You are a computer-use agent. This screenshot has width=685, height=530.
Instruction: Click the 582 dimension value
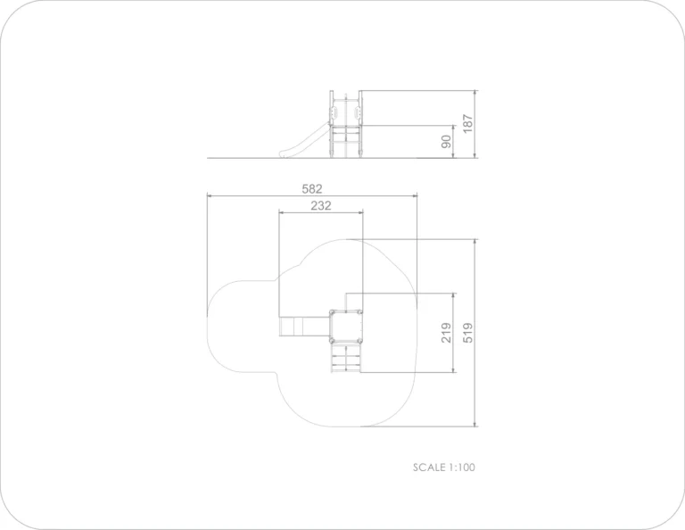coord(312,189)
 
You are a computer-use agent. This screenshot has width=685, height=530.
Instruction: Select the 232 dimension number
coord(321,205)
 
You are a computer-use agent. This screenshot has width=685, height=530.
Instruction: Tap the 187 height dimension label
coord(467,124)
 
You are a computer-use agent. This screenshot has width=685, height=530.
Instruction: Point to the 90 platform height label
coord(446,142)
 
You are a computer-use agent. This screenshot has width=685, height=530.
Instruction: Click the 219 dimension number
coord(446,333)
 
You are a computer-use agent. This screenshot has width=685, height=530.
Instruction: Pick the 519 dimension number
coord(467,333)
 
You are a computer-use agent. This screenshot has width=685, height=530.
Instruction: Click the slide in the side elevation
coord(304,142)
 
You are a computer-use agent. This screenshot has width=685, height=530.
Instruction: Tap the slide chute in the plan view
coord(304,327)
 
